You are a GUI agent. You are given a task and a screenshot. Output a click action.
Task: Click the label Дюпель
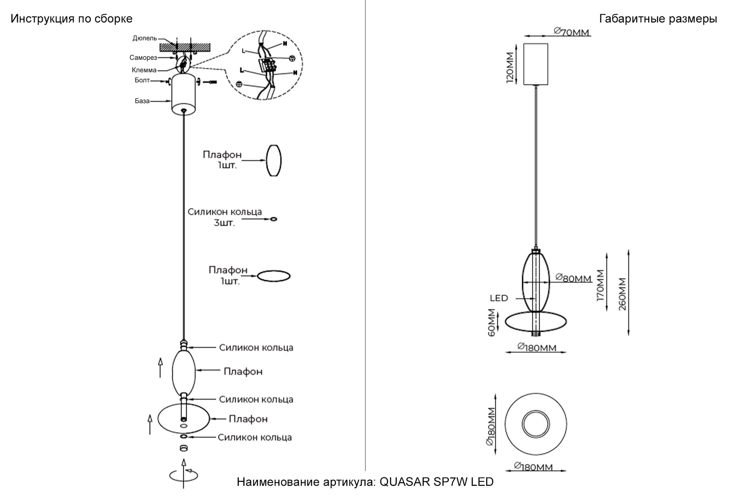point(145,38)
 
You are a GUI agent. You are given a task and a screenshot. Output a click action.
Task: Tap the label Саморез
point(143,57)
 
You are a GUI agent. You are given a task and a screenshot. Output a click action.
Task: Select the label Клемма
point(144,70)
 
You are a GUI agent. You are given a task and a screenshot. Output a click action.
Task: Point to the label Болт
point(142,80)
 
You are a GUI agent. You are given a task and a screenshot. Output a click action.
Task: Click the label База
point(142,101)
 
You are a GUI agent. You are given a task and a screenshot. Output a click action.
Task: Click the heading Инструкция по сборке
point(71,19)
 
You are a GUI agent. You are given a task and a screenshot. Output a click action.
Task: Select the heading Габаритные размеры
point(658,19)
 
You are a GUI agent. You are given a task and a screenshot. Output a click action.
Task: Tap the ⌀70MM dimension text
point(572,32)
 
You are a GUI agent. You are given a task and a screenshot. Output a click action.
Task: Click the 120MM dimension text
point(510,67)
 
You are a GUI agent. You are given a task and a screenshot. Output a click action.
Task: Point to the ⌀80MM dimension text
point(574,278)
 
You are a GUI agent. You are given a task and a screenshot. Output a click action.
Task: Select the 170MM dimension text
point(601,285)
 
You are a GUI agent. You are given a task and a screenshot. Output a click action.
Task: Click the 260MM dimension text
point(622,294)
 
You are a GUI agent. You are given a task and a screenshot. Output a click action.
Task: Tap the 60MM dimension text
point(492,322)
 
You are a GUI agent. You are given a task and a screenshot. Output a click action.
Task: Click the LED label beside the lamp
point(499,298)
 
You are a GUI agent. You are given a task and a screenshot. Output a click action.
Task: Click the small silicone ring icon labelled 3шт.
point(273,219)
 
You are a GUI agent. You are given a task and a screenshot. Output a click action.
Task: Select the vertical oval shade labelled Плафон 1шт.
point(274,161)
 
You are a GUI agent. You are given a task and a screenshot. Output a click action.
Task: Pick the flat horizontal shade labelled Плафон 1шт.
point(274,276)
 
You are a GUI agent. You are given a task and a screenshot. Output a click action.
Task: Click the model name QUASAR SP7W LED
point(436,482)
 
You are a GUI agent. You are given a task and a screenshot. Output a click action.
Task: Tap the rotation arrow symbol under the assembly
point(183,475)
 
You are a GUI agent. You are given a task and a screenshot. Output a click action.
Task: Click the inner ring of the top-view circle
point(536,424)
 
